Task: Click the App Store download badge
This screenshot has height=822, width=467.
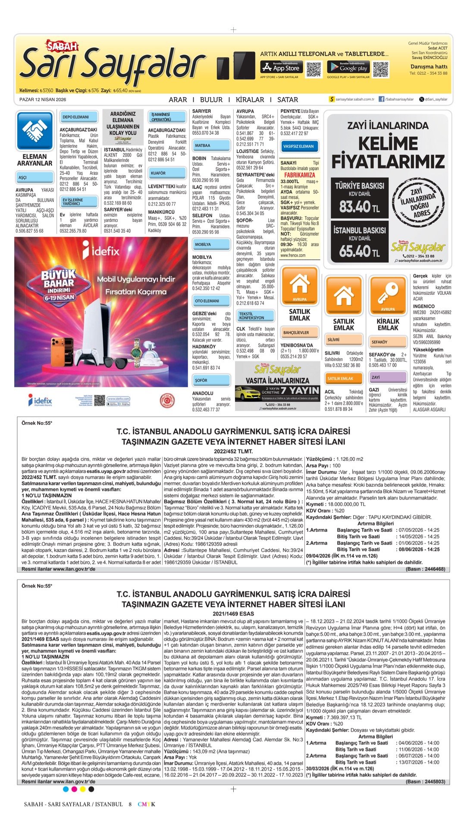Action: tap(280, 67)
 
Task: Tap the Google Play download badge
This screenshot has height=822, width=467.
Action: tap(348, 67)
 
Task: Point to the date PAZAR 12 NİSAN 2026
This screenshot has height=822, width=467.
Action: tap(43, 99)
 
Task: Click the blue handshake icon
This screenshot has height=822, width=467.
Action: tap(34, 130)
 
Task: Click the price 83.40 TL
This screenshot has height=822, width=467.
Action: tap(360, 206)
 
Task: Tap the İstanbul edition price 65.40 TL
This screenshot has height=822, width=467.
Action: tap(360, 251)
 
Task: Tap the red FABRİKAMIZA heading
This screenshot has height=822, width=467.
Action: tap(300, 175)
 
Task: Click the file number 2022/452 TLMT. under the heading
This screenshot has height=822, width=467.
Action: tap(233, 451)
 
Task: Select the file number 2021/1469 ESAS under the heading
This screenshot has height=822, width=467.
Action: tap(233, 613)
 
